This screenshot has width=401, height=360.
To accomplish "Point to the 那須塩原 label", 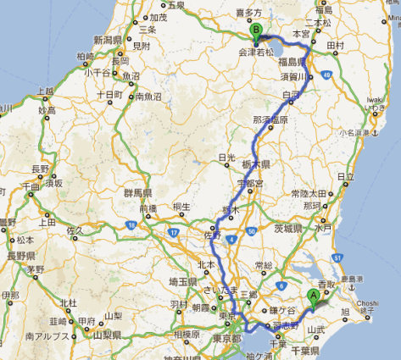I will click(271, 120).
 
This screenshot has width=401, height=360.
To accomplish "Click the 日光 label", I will click(226, 157).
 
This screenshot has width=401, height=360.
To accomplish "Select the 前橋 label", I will click(149, 208).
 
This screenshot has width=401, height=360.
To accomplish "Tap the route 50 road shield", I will click(253, 230).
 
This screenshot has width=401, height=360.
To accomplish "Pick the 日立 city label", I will click(345, 177).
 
